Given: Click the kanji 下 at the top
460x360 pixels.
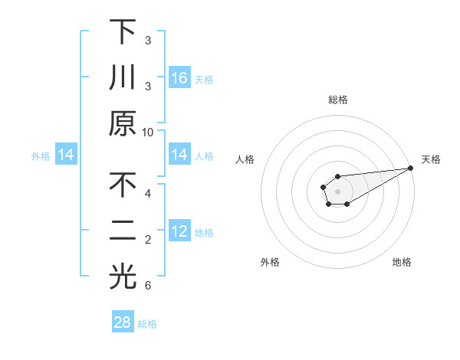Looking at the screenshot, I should click(122, 32).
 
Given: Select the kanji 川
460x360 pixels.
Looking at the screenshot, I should click(122, 78).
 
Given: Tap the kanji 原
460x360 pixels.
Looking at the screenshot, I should click(122, 123).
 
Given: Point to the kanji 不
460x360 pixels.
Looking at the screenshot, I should click(122, 186).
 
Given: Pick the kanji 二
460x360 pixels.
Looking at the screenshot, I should click(122, 232).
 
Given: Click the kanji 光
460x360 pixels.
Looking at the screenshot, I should click(122, 277).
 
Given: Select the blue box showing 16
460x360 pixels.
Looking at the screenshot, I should click(179, 77).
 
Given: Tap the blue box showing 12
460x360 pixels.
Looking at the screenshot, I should click(179, 232).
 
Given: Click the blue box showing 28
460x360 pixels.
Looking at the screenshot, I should click(123, 322).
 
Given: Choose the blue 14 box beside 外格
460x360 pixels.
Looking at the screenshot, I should click(66, 155).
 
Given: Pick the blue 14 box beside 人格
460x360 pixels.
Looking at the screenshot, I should click(179, 155).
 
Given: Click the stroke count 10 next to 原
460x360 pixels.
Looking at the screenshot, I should click(147, 132).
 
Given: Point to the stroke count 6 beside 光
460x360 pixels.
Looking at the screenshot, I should click(147, 286).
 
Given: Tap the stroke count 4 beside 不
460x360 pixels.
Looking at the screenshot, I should click(147, 194).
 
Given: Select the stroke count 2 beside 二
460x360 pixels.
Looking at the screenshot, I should click(147, 240).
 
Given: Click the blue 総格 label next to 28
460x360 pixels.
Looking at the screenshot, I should click(147, 323).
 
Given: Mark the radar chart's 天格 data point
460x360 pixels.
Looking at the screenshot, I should click(412, 169).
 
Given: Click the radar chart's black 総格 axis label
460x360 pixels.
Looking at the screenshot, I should click(338, 100).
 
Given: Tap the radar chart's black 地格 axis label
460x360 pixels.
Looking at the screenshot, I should click(402, 263).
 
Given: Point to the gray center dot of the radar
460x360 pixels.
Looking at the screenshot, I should click(338, 191).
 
